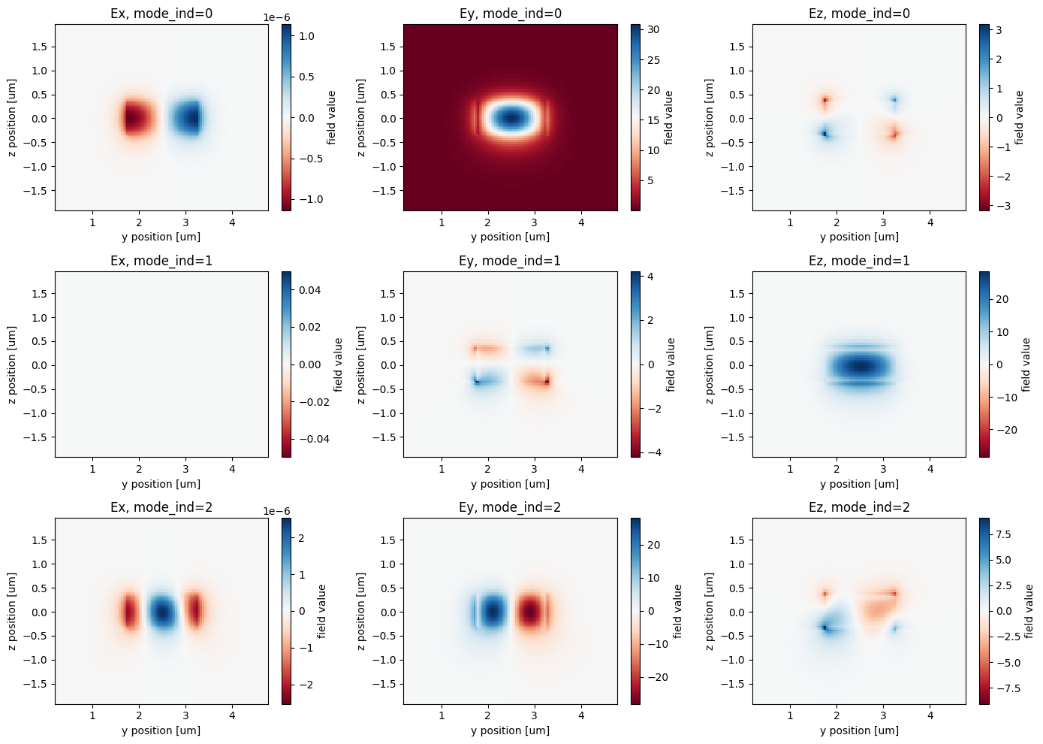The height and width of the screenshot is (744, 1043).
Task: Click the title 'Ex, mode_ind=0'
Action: tap(161, 14)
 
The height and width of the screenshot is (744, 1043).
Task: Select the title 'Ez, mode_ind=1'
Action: tap(859, 261)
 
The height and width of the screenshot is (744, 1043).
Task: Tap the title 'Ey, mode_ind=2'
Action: tap(510, 507)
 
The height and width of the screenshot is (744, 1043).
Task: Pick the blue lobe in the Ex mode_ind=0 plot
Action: tap(185, 118)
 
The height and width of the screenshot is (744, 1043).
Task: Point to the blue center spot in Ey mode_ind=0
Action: tap(511, 117)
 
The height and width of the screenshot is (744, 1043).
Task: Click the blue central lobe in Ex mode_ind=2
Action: tap(161, 612)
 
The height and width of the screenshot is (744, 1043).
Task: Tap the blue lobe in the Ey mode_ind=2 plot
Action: tap(492, 612)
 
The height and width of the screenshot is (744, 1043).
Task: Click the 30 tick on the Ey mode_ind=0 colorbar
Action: tap(653, 30)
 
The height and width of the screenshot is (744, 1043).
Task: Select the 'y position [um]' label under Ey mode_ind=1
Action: tap(510, 484)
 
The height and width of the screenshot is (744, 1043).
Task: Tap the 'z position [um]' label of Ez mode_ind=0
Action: tap(710, 118)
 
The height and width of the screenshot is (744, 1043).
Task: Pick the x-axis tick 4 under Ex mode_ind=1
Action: tap(232, 469)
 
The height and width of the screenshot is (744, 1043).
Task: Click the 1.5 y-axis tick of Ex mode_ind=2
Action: tap(38, 540)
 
